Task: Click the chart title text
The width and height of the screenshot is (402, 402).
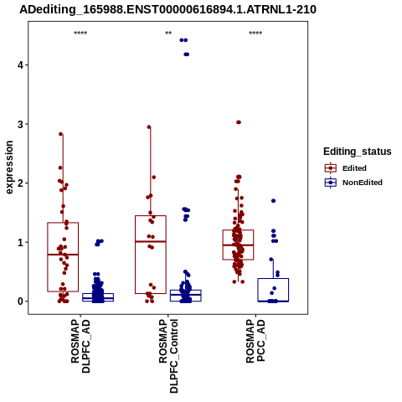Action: pyautogui.click(x=167, y=10)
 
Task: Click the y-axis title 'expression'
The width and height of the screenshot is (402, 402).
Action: pyautogui.click(x=9, y=167)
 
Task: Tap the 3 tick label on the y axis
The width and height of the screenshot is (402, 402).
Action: pyautogui.click(x=21, y=124)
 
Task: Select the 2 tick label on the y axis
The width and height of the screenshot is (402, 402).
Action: pyautogui.click(x=21, y=183)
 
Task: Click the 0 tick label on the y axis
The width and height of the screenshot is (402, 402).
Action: pyautogui.click(x=21, y=301)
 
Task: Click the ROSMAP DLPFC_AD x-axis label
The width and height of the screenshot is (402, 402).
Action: pyautogui.click(x=80, y=347)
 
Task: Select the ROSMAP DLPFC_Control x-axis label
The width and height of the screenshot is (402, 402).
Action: pyautogui.click(x=168, y=356)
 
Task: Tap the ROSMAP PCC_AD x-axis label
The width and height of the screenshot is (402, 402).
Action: pyautogui.click(x=255, y=341)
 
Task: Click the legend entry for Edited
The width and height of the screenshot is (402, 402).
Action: pyautogui.click(x=346, y=168)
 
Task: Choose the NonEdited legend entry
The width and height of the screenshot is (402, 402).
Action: pyautogui.click(x=353, y=183)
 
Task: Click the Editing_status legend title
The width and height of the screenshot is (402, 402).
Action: pyautogui.click(x=358, y=152)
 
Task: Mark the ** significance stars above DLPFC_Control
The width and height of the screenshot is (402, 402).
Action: pyautogui.click(x=168, y=33)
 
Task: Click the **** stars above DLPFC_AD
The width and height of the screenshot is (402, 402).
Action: pyautogui.click(x=80, y=33)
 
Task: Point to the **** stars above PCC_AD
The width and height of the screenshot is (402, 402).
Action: pyautogui.click(x=255, y=33)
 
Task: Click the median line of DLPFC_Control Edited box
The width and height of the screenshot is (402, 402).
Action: pyautogui.click(x=151, y=241)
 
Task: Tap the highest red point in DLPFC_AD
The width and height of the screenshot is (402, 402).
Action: pyautogui.click(x=61, y=134)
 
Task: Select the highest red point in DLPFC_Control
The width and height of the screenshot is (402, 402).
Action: pyautogui.click(x=149, y=127)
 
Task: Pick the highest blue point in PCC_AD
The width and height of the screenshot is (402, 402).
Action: pyautogui.click(x=274, y=201)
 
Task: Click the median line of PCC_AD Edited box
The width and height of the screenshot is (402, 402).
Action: pyautogui.click(x=238, y=245)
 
